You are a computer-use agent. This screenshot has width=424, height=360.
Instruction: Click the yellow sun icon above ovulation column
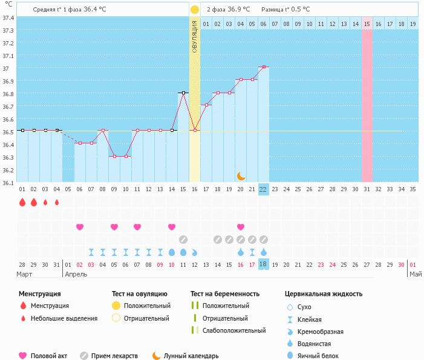tap(195, 10)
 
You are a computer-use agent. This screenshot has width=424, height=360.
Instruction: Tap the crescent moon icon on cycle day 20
tap(241, 175)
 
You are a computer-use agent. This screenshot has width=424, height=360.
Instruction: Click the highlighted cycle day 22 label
tap(263, 189)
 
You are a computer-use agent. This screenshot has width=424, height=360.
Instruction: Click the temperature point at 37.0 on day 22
tap(263, 67)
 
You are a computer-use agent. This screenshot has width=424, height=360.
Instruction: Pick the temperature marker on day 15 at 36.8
tap(183, 93)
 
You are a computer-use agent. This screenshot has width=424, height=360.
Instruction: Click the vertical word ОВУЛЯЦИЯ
tap(195, 36)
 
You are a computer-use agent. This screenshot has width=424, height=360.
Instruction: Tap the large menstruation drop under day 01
tap(22, 202)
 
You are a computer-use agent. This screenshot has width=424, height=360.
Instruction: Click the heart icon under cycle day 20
tap(241, 227)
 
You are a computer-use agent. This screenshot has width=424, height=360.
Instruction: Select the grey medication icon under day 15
tap(183, 239)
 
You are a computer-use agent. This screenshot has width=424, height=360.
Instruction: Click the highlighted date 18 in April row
tap(263, 264)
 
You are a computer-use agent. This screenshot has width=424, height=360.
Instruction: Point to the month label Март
tap(25, 274)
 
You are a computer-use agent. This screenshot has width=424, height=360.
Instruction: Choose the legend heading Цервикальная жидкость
tap(324, 294)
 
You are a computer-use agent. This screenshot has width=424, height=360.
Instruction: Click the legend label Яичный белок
tap(322, 356)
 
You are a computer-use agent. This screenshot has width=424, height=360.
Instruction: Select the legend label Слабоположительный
tap(234, 330)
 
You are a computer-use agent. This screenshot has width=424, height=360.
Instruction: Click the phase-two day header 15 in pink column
tap(367, 24)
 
